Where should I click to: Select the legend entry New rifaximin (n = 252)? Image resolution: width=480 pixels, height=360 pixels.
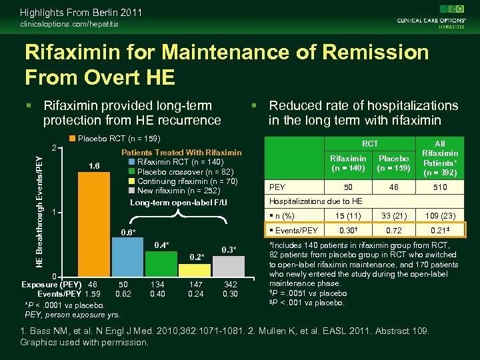click(x=175, y=190)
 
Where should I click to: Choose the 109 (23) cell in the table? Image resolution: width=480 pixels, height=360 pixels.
click(x=440, y=215)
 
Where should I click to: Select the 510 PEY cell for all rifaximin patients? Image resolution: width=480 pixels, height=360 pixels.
click(x=440, y=187)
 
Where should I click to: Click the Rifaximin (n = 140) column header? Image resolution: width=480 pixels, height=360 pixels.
click(x=348, y=163)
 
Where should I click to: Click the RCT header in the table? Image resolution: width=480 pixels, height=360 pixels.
click(x=369, y=143)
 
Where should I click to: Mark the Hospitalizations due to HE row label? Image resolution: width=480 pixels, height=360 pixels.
click(x=315, y=201)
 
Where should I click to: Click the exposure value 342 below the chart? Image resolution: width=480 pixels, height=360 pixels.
click(x=231, y=283)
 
